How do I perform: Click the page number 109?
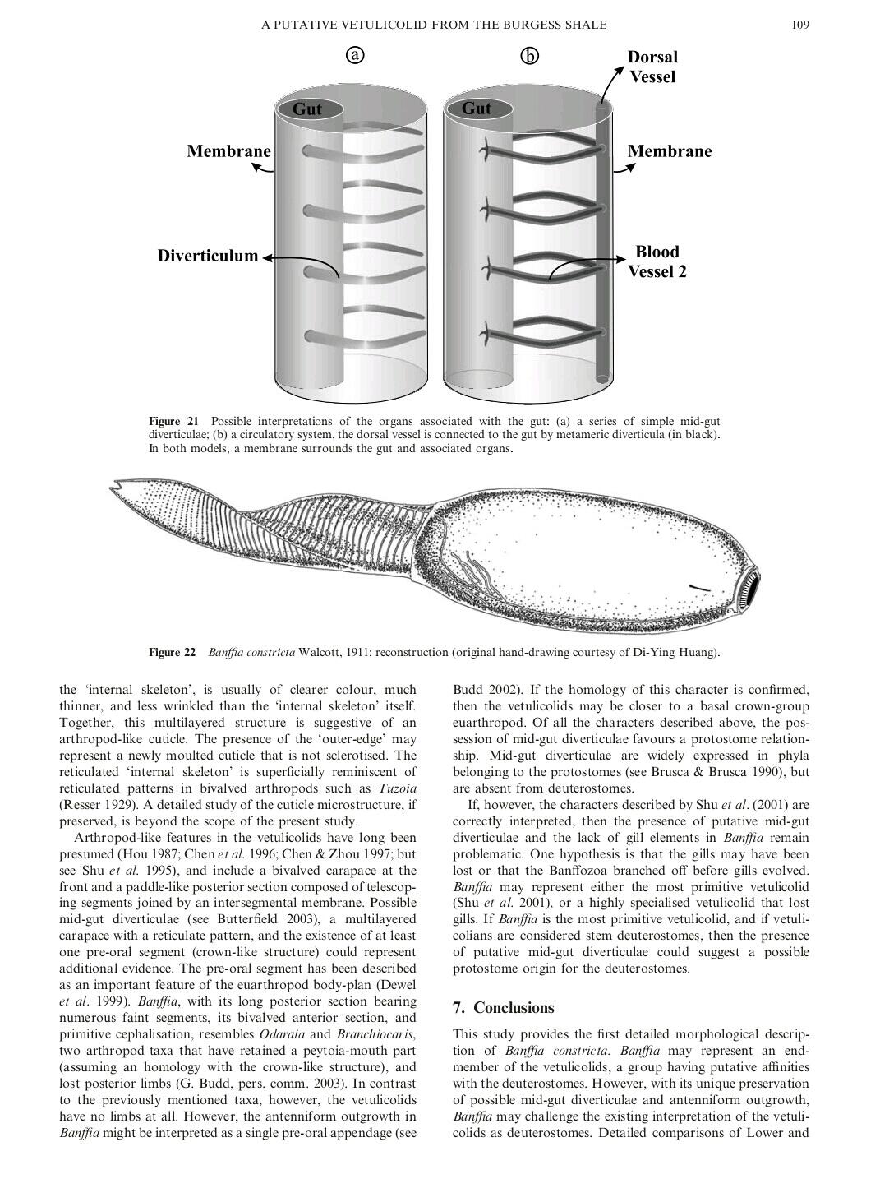pyautogui.click(x=800, y=25)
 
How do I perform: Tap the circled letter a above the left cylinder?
pyautogui.click(x=354, y=55)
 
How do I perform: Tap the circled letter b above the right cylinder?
pyautogui.click(x=530, y=56)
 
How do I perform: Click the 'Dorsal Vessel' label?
pyautogui.click(x=652, y=67)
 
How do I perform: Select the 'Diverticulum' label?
pyautogui.click(x=208, y=256)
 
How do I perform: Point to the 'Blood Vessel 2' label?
pyautogui.click(x=657, y=261)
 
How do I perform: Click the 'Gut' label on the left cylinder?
pyautogui.click(x=307, y=109)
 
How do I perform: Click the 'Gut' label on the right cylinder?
pyautogui.click(x=477, y=109)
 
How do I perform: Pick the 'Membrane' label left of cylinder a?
pyautogui.click(x=228, y=151)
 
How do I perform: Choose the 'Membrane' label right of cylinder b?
pyautogui.click(x=670, y=151)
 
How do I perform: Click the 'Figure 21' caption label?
pyautogui.click(x=173, y=422)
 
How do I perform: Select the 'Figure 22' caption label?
pyautogui.click(x=173, y=653)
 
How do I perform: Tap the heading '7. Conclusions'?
pyautogui.click(x=504, y=1008)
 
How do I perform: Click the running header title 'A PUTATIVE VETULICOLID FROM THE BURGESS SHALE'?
pyautogui.click(x=434, y=25)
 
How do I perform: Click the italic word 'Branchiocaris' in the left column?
pyautogui.click(x=374, y=1033)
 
